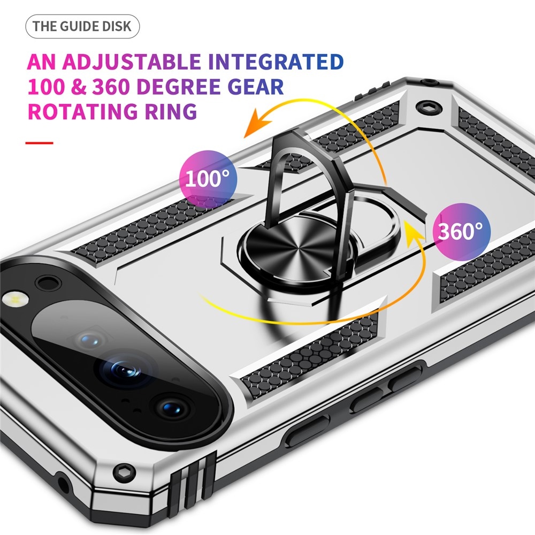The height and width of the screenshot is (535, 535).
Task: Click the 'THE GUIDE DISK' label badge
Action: (82, 26)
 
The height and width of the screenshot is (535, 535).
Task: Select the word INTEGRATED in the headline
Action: (276, 62)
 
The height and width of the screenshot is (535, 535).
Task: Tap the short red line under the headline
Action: (40, 143)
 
